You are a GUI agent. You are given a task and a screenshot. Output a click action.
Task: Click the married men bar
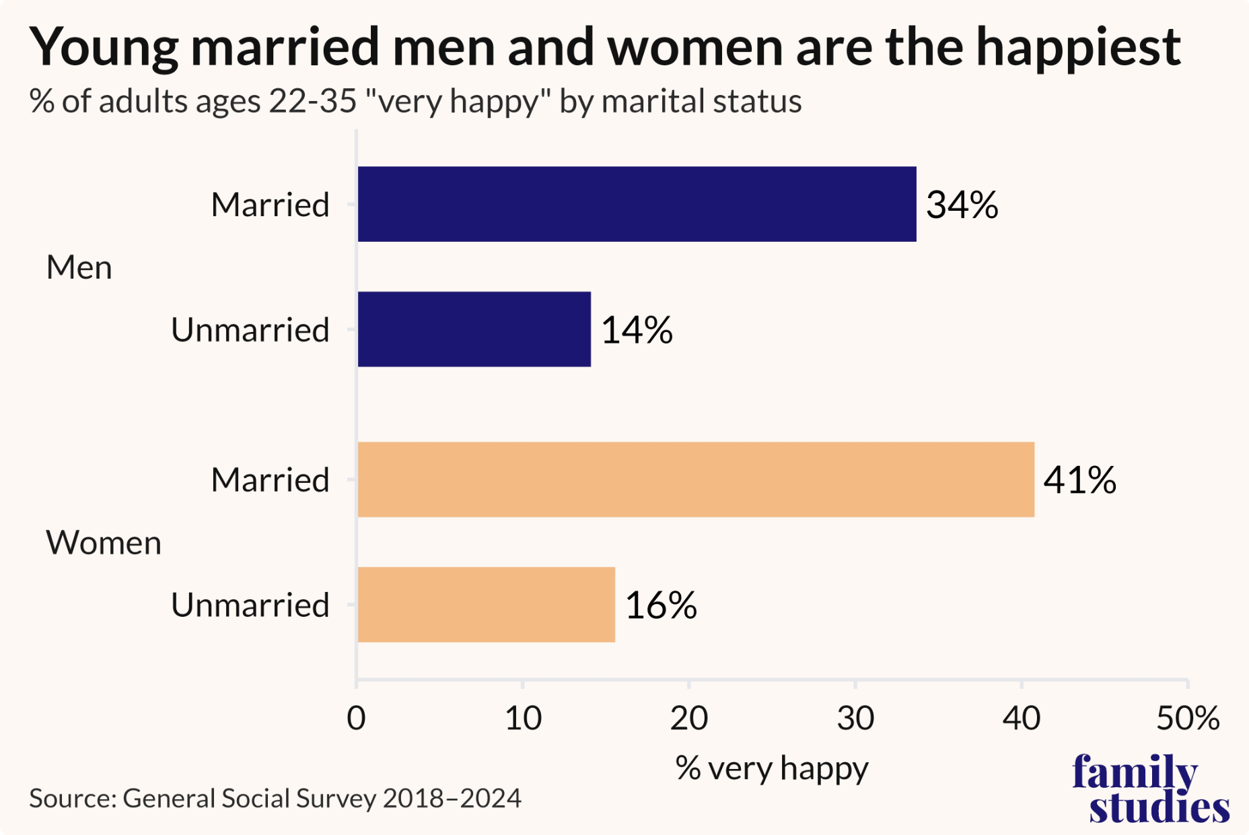click(x=637, y=204)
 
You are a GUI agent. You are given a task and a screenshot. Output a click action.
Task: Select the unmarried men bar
click(x=474, y=329)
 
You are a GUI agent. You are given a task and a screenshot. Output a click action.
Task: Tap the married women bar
click(x=696, y=479)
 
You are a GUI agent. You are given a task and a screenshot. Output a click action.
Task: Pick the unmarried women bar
click(x=486, y=605)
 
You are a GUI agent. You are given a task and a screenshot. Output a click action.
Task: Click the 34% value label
click(x=962, y=205)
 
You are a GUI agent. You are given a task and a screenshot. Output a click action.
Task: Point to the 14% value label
click(x=636, y=330)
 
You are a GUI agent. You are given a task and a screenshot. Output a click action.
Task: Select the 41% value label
click(x=1079, y=480)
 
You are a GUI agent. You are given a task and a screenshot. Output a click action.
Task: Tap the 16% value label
click(x=660, y=605)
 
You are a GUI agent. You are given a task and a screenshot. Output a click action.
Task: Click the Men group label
click(x=79, y=267)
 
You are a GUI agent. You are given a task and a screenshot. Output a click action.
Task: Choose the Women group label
click(x=104, y=543)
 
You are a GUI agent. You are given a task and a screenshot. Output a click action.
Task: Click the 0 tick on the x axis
click(x=356, y=719)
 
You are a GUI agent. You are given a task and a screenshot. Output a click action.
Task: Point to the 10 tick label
click(x=523, y=719)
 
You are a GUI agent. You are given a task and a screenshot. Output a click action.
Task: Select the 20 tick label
click(x=688, y=719)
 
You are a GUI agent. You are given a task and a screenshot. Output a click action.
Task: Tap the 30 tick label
click(x=855, y=719)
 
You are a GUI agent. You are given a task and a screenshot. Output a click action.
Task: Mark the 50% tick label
click(x=1188, y=719)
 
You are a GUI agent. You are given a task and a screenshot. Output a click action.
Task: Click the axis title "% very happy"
click(x=772, y=768)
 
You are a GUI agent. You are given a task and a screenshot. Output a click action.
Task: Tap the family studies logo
click(x=1151, y=789)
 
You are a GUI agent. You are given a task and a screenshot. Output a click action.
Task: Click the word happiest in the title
click(x=1078, y=47)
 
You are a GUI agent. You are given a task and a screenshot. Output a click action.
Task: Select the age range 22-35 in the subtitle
click(x=312, y=102)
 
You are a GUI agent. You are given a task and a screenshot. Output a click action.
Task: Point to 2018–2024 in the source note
click(x=452, y=799)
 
